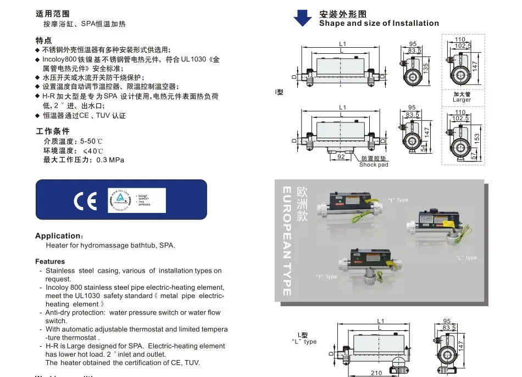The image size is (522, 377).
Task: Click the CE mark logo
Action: pos(85,201)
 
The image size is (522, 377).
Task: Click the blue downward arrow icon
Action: pos(302,18)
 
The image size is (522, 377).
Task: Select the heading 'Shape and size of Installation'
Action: pos(379,23)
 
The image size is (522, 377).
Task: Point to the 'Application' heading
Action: pos(59,236)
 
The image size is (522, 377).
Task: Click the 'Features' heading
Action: pos(50,262)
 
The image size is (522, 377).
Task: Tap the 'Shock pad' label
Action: pos(374,165)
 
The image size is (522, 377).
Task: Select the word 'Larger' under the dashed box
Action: pos(462,100)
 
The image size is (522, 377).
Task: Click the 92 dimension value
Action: pos(341,156)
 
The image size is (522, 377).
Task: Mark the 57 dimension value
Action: pos(474,156)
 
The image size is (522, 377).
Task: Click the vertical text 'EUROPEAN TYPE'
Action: pos(286,241)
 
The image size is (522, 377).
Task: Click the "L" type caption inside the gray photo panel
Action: pos(466,258)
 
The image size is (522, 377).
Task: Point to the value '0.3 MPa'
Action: pos(110,160)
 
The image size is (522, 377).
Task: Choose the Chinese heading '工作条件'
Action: pos(53,131)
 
